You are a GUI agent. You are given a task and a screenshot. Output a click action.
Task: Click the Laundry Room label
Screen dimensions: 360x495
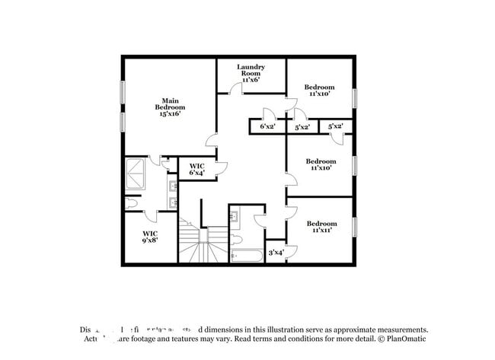point(251,73)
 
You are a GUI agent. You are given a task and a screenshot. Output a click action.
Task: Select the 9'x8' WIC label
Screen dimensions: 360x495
point(150,237)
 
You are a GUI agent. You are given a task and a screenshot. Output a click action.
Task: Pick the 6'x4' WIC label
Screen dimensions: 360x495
point(196,169)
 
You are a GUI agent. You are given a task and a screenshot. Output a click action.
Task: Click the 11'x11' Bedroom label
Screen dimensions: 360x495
point(321,228)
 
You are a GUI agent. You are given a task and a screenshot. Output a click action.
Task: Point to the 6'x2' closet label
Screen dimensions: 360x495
point(267,126)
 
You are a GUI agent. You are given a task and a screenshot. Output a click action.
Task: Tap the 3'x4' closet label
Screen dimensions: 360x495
point(275,252)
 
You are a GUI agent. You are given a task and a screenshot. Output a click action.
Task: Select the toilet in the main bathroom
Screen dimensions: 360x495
point(131,204)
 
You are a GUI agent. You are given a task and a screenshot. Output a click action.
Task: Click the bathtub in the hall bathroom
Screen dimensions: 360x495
point(246,255)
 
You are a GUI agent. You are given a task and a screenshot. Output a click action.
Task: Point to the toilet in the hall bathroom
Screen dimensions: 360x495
point(235,238)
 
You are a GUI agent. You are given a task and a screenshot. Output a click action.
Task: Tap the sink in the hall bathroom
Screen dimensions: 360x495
point(235,217)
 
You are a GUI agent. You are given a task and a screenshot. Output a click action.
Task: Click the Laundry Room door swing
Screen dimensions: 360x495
point(236,89)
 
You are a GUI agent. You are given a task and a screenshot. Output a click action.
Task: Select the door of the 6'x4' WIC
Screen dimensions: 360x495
point(222,168)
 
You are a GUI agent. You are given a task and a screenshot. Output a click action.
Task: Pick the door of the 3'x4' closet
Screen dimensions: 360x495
point(291,251)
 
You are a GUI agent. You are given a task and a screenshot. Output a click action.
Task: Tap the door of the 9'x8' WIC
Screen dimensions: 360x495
point(150,216)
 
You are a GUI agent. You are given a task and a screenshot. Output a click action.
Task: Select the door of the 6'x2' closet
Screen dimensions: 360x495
point(267,114)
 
